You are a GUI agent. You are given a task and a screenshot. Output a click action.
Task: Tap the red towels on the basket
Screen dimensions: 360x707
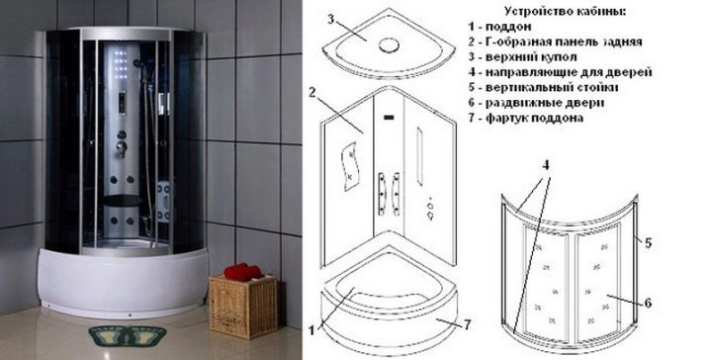point(241,272)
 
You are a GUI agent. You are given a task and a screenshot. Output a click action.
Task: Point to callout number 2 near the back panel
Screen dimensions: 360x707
point(311,93)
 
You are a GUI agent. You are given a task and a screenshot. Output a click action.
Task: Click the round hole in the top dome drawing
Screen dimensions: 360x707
point(385,44)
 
